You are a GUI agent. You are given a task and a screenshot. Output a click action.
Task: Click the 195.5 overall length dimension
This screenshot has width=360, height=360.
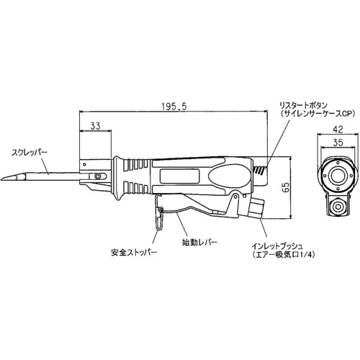174,107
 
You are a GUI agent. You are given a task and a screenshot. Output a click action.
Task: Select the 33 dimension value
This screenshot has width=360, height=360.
95,126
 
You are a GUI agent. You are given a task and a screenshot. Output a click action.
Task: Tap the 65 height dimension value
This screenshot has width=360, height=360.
286,187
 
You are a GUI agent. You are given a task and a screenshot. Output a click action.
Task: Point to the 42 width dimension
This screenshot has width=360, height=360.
338,130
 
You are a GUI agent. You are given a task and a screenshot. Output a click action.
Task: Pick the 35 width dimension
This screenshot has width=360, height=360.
338,143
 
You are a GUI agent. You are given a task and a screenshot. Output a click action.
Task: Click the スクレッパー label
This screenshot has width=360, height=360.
30,153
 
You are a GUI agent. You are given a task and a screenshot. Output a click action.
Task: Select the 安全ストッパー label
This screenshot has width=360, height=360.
134,253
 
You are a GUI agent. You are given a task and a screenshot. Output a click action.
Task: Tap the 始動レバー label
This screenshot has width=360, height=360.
199,243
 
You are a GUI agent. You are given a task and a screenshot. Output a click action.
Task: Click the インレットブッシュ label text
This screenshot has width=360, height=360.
277,246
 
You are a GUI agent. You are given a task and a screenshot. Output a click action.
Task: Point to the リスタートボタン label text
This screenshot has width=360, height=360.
302,105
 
